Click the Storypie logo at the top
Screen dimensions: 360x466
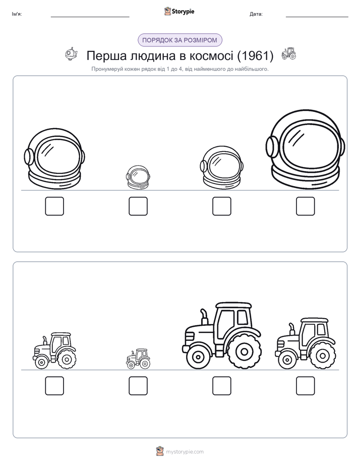pyautogui.click(x=179, y=12)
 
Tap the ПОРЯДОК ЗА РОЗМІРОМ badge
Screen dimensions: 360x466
pyautogui.click(x=179, y=40)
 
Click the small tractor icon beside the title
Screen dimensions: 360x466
pyautogui.click(x=289, y=53)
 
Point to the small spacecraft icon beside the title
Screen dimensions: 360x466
pyautogui.click(x=71, y=54)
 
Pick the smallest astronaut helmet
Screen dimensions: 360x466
pyautogui.click(x=138, y=178)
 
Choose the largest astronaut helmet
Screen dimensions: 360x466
pyautogui.click(x=306, y=149)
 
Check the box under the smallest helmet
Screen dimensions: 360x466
pyautogui.click(x=138, y=206)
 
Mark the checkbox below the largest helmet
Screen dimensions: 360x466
pyautogui.click(x=306, y=206)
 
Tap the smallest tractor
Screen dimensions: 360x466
pyautogui.click(x=138, y=359)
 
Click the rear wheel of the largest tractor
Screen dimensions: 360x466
pyautogui.click(x=245, y=352)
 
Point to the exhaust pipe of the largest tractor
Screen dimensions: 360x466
pyautogui.click(x=204, y=317)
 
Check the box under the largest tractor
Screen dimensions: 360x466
pyautogui.click(x=221, y=386)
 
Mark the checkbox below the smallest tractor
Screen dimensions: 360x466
pyautogui.click(x=138, y=386)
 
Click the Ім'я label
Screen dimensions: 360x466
pyautogui.click(x=17, y=14)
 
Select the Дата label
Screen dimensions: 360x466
pyautogui.click(x=256, y=14)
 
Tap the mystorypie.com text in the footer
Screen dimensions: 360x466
pyautogui.click(x=185, y=452)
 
